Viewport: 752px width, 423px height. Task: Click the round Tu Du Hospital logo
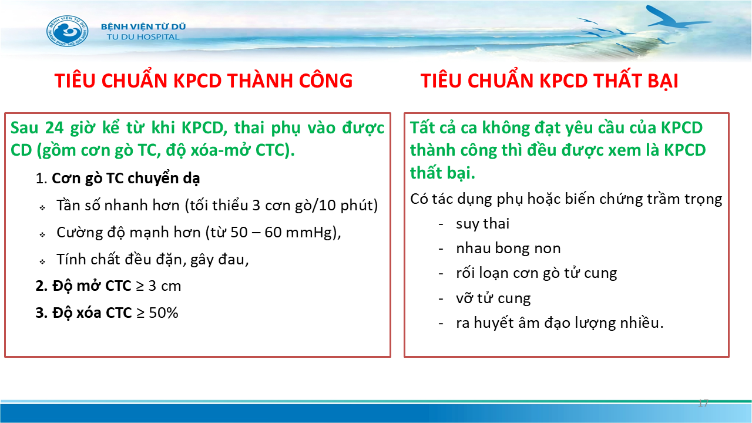[x=68, y=31]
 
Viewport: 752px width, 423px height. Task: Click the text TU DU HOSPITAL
[x=143, y=37]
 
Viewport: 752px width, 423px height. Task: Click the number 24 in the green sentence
[x=54, y=128]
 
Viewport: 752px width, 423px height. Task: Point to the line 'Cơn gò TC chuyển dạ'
[x=126, y=178]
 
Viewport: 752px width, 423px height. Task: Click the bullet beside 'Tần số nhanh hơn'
[x=42, y=208]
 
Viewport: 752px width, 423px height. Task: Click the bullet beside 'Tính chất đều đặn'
[x=42, y=261]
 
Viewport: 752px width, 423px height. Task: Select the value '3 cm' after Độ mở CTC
[x=164, y=286]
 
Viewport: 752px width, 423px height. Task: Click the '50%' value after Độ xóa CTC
[x=163, y=313]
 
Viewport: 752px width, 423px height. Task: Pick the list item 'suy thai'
[x=482, y=224]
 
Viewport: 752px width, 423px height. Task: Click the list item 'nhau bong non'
[x=508, y=249]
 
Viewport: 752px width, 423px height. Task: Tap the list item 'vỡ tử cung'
[x=493, y=298]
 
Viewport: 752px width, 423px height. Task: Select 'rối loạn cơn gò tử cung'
[x=536, y=273]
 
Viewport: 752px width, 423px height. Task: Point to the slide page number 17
[x=703, y=403]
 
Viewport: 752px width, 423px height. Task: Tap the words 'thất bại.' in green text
[x=442, y=173]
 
